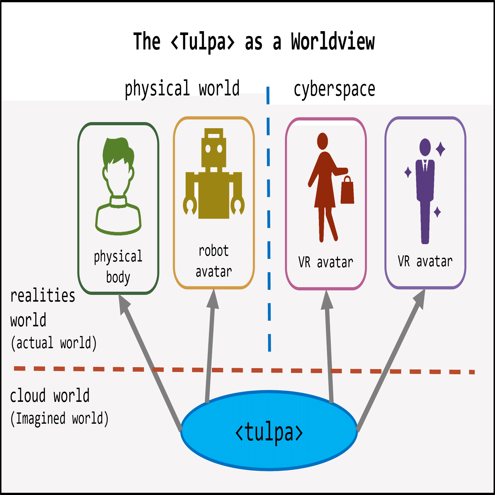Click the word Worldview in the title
click(x=333, y=41)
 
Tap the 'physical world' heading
click(x=182, y=88)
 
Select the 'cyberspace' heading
click(x=334, y=89)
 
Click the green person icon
click(x=118, y=186)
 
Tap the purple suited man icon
click(x=425, y=191)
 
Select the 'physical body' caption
click(x=118, y=267)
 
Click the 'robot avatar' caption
click(x=214, y=261)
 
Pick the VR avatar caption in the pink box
click(x=326, y=262)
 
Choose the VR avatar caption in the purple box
click(x=425, y=261)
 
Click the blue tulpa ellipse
click(x=269, y=430)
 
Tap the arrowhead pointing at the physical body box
click(x=124, y=304)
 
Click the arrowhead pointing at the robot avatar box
click(x=213, y=299)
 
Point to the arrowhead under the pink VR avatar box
click(x=327, y=300)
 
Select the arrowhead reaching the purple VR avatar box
click(x=420, y=299)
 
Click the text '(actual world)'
click(x=54, y=343)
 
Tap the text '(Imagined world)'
click(x=59, y=419)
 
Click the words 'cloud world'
click(x=50, y=395)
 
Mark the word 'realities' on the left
click(x=43, y=296)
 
